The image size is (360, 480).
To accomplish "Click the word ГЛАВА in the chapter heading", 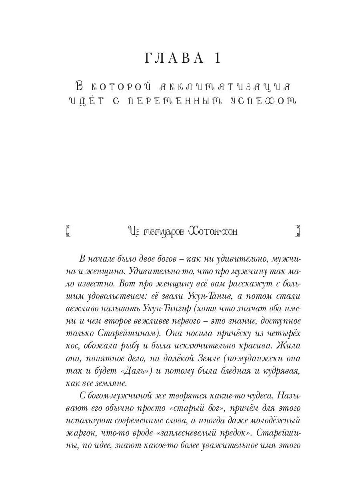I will click(x=174, y=59).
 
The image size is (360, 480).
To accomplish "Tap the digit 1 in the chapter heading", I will click(x=217, y=59).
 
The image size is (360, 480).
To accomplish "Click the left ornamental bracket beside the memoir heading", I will click(x=68, y=231).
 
